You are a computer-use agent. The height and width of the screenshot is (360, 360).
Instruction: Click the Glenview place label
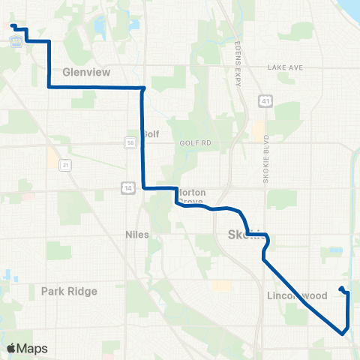click(86, 73)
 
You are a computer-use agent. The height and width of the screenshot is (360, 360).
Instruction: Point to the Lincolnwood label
click(297, 296)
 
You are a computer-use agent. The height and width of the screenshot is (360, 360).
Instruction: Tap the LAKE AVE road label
click(285, 67)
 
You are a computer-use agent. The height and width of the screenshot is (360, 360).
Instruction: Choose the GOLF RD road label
click(197, 141)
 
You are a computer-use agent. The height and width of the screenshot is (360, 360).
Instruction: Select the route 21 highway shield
click(66, 164)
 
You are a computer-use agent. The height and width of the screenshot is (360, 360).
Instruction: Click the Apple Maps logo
click(27, 348)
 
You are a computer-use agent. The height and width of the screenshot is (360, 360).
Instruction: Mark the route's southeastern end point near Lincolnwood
click(342, 289)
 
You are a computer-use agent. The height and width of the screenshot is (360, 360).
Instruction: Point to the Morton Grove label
click(192, 196)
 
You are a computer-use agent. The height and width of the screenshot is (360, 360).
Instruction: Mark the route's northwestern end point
click(13, 27)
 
